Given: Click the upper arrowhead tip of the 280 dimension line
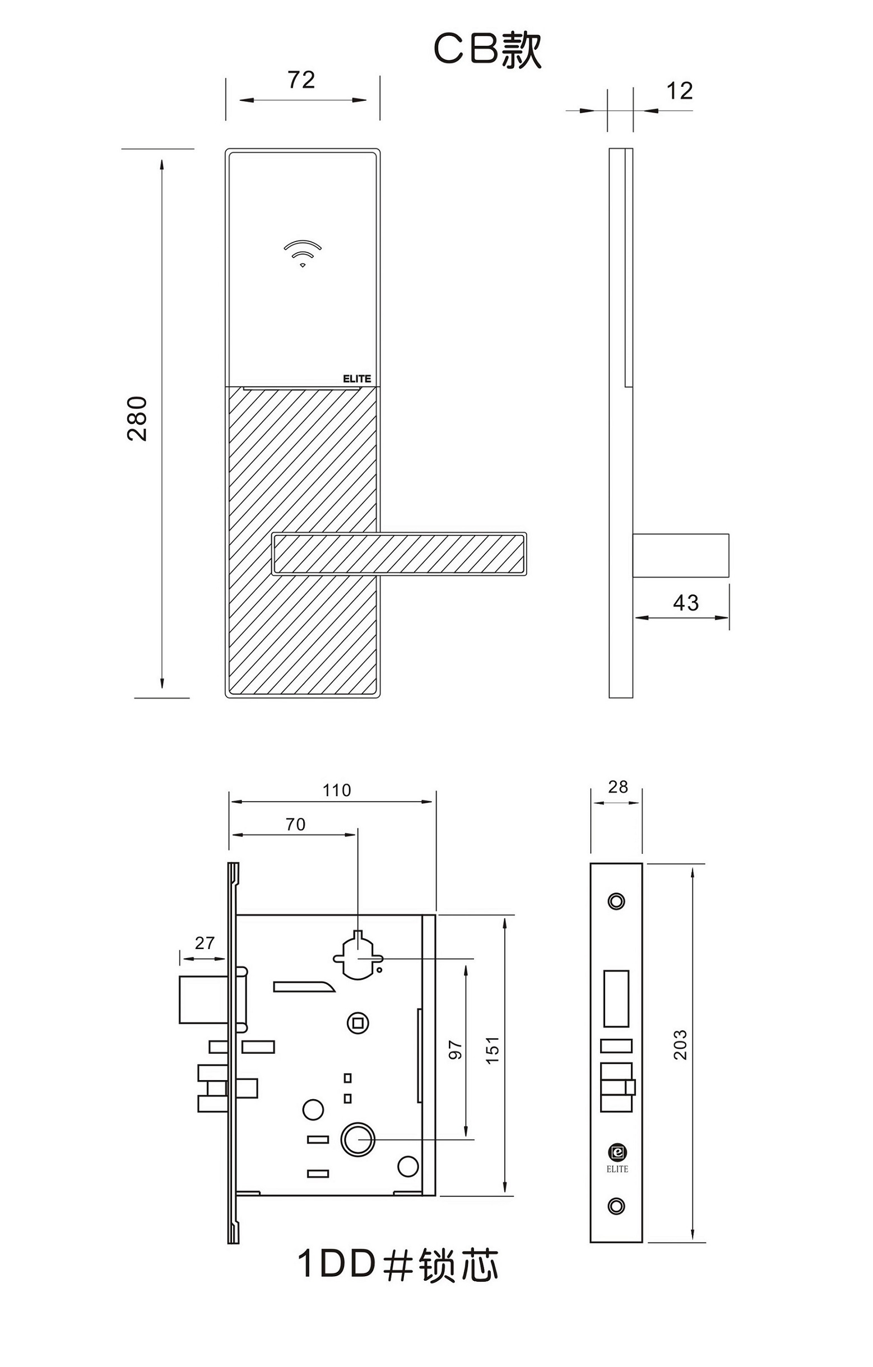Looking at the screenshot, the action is tap(162, 160).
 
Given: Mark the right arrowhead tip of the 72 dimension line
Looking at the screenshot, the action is tap(366, 100).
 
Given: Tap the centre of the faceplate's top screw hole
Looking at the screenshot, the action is tap(616, 901).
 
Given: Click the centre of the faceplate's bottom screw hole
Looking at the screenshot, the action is tap(616, 1206).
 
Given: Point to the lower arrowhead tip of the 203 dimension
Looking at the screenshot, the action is tap(693, 1239).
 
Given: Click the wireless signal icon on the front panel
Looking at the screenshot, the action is tap(303, 253).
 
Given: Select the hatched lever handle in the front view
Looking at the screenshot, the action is tap(399, 554).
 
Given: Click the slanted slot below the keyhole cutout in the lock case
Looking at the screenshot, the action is tap(304, 986).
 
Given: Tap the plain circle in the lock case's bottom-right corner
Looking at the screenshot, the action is tap(408, 1166).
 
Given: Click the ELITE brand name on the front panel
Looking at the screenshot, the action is tap(357, 379).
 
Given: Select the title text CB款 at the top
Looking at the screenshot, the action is tap(487, 50).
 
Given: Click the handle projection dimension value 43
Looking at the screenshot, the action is tap(686, 603).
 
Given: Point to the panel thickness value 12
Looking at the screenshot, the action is tap(680, 91).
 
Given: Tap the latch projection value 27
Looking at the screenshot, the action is tap(205, 943).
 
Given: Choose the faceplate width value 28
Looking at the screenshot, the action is tap(617, 787).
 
